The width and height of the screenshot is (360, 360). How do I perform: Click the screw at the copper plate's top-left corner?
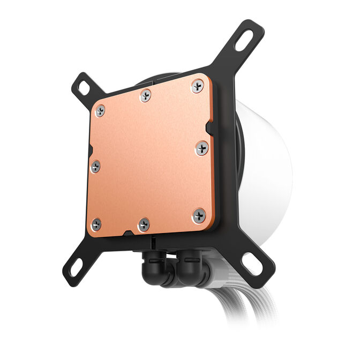click(99, 111)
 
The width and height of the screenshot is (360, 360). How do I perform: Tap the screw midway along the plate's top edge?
click(145, 96)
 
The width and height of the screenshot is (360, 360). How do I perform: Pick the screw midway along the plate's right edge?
click(202, 148)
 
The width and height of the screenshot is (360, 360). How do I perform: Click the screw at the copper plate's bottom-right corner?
click(199, 215)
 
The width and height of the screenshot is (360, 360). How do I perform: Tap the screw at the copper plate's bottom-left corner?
click(96, 223)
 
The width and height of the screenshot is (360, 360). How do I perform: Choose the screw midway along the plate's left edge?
click(95, 167)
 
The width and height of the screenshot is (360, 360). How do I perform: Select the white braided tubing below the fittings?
click(236, 311)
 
